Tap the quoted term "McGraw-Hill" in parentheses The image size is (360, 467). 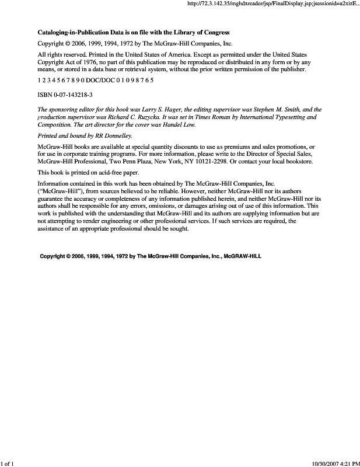point(59,191)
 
